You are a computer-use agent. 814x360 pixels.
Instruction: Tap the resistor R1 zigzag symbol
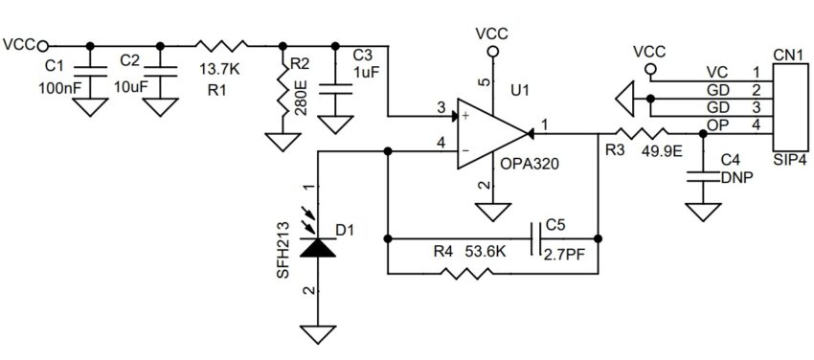[221, 44]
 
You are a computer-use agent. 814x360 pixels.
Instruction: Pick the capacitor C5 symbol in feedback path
[534, 236]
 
